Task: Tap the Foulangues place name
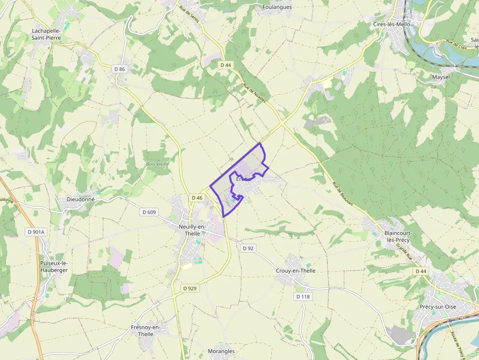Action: [x=277, y=7]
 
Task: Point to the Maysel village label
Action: [x=441, y=77]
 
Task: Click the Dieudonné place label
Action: [x=81, y=200]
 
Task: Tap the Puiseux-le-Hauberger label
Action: [x=54, y=266]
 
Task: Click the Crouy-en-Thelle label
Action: [x=296, y=271]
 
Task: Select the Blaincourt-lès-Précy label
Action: [x=398, y=236]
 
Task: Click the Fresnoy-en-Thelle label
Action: [x=146, y=331]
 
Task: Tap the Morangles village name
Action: [x=221, y=351]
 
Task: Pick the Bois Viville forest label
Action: [x=157, y=164]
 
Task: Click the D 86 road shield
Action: [x=119, y=69]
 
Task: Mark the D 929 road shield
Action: [x=190, y=288]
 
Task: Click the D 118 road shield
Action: [x=303, y=296]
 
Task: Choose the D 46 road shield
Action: [x=197, y=197]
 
